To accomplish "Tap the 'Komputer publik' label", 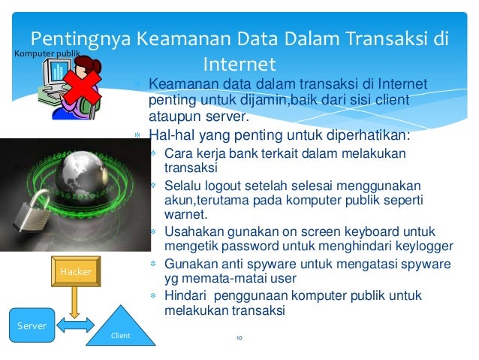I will (x=44, y=53).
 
